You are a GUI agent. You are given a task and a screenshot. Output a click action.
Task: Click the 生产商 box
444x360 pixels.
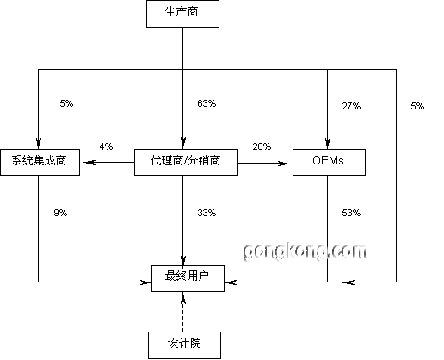[x=182, y=14]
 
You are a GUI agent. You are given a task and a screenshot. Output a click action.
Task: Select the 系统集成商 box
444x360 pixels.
[x=40, y=162]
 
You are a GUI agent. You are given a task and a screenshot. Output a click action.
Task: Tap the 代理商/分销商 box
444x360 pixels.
[x=186, y=162]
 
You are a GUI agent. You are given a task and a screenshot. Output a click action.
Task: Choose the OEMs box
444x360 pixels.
[x=329, y=162]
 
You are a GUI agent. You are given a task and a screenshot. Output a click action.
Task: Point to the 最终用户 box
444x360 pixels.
[x=188, y=278]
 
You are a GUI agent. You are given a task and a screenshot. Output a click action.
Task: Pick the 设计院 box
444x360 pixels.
[x=184, y=345]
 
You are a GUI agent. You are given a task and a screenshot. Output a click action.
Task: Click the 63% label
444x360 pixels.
[x=207, y=103]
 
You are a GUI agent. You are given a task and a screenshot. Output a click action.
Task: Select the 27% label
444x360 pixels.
[x=351, y=106]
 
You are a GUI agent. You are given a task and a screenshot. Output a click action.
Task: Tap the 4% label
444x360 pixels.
[x=106, y=146]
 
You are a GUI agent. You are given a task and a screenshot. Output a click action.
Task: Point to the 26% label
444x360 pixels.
[x=262, y=146]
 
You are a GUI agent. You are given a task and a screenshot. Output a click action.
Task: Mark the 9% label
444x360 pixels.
[x=60, y=213]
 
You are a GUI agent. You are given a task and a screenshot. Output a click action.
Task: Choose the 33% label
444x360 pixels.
[x=207, y=213]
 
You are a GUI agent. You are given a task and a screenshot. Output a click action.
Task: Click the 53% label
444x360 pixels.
[x=351, y=213]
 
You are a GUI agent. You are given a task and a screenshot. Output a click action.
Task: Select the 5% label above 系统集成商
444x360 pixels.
[x=66, y=103]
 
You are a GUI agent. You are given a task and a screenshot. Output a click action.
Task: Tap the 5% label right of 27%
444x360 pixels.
[x=417, y=106]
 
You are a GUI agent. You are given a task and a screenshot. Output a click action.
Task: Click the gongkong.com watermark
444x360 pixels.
[x=305, y=251]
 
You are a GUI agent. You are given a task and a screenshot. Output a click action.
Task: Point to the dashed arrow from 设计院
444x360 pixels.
[x=183, y=312]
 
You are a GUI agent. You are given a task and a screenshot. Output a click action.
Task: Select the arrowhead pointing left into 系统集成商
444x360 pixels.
[x=89, y=163]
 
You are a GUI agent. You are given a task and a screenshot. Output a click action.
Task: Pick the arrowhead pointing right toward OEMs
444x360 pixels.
[x=283, y=164]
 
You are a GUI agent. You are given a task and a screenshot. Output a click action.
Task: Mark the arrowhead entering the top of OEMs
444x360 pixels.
[x=328, y=143]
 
